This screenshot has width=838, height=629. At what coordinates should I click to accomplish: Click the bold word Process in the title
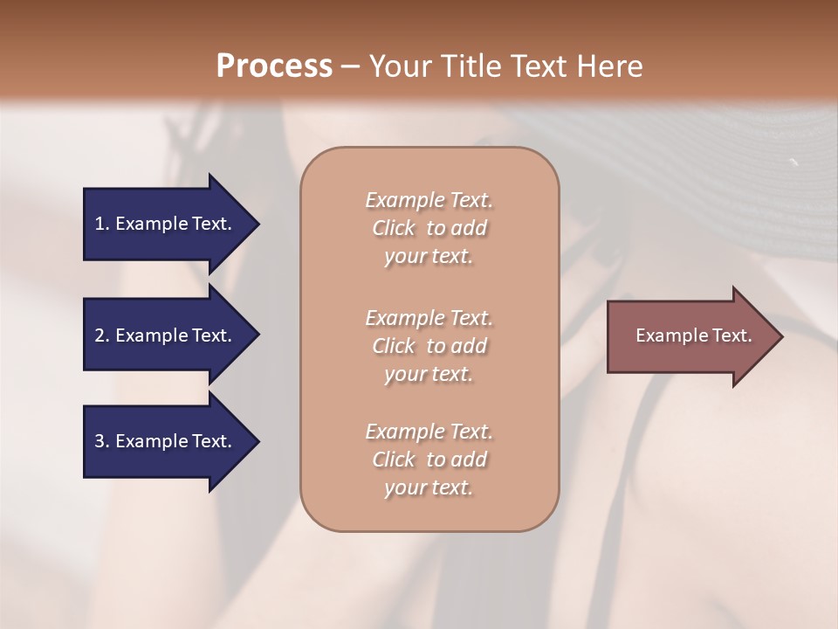[274, 66]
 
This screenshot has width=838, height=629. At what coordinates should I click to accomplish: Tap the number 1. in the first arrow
[102, 224]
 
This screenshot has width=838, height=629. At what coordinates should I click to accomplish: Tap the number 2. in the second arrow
[102, 335]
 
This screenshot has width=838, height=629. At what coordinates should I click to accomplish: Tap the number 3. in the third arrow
[102, 441]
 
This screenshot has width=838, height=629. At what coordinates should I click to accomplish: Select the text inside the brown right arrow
[694, 335]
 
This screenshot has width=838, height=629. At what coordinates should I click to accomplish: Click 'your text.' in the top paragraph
[429, 257]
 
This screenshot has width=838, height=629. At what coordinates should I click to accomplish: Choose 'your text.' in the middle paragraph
[429, 374]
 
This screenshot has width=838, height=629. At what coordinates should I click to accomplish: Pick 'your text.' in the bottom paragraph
[429, 488]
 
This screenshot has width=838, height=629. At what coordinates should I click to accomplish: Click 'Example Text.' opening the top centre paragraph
[429, 200]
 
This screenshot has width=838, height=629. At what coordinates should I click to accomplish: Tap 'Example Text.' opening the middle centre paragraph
[429, 317]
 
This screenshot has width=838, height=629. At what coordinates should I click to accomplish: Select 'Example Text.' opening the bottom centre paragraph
[429, 432]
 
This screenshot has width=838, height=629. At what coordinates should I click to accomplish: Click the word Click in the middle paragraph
[394, 346]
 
